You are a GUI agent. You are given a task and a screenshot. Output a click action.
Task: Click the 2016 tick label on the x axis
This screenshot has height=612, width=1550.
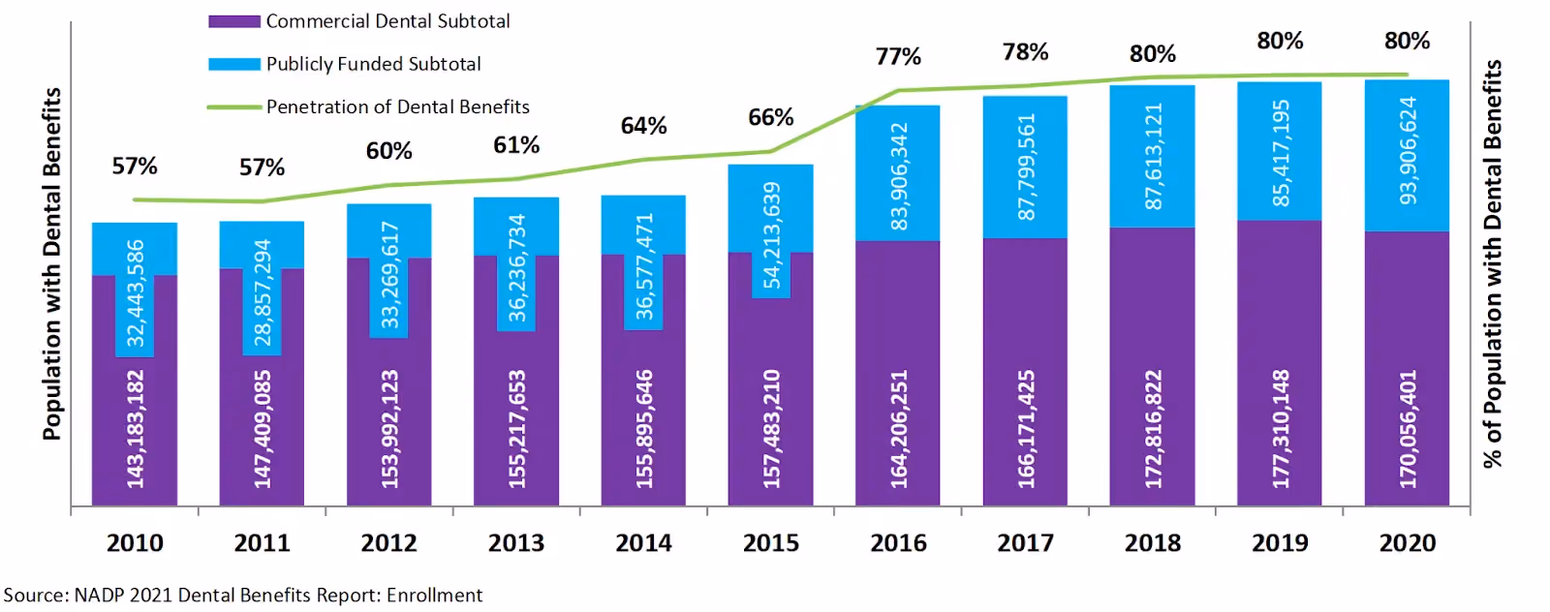pyautogui.click(x=897, y=543)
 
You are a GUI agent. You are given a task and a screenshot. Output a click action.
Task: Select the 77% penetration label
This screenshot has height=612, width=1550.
pyautogui.click(x=898, y=56)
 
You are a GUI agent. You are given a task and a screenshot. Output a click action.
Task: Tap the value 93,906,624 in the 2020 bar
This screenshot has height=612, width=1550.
pyautogui.click(x=1408, y=151)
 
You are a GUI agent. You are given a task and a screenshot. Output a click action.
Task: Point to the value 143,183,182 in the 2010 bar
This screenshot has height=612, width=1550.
pyautogui.click(x=135, y=429)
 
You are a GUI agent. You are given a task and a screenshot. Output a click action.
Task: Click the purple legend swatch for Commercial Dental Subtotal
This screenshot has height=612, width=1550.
pyautogui.click(x=234, y=21)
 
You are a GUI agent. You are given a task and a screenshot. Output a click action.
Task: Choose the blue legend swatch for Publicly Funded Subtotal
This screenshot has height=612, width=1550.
pyautogui.click(x=234, y=64)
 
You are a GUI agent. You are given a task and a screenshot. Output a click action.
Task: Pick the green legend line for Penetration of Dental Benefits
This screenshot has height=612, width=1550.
pyautogui.click(x=234, y=107)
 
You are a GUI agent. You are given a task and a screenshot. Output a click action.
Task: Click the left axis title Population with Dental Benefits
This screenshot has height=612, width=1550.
pyautogui.click(x=52, y=264)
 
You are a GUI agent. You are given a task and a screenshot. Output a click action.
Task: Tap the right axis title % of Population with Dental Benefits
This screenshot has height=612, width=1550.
pyautogui.click(x=1493, y=264)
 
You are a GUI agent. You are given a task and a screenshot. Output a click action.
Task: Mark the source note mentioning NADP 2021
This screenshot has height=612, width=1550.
pyautogui.click(x=243, y=596)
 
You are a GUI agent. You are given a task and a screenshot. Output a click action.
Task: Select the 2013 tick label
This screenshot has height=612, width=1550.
pyautogui.click(x=516, y=543)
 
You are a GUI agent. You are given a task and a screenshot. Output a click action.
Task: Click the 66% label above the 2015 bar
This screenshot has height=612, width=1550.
pyautogui.click(x=771, y=117)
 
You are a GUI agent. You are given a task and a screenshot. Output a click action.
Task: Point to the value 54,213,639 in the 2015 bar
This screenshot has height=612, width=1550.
pyautogui.click(x=771, y=235)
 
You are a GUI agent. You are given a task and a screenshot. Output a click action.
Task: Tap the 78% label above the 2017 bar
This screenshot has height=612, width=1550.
pyautogui.click(x=1026, y=52)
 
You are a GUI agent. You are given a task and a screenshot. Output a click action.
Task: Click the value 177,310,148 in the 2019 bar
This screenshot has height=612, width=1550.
pyautogui.click(x=1280, y=429)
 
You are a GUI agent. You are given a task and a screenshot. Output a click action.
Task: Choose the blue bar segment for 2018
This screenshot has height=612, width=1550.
pyautogui.click(x=1152, y=156)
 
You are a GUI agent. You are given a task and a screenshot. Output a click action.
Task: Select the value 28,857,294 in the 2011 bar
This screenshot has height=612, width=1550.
pyautogui.click(x=263, y=292)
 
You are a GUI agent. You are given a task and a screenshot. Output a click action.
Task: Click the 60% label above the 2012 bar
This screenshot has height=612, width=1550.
pyautogui.click(x=388, y=151)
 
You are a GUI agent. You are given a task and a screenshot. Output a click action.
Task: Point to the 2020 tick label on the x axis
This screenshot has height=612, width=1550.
pyautogui.click(x=1408, y=543)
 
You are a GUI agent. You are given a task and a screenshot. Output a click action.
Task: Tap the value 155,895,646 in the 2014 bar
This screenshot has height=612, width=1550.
pyautogui.click(x=643, y=429)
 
